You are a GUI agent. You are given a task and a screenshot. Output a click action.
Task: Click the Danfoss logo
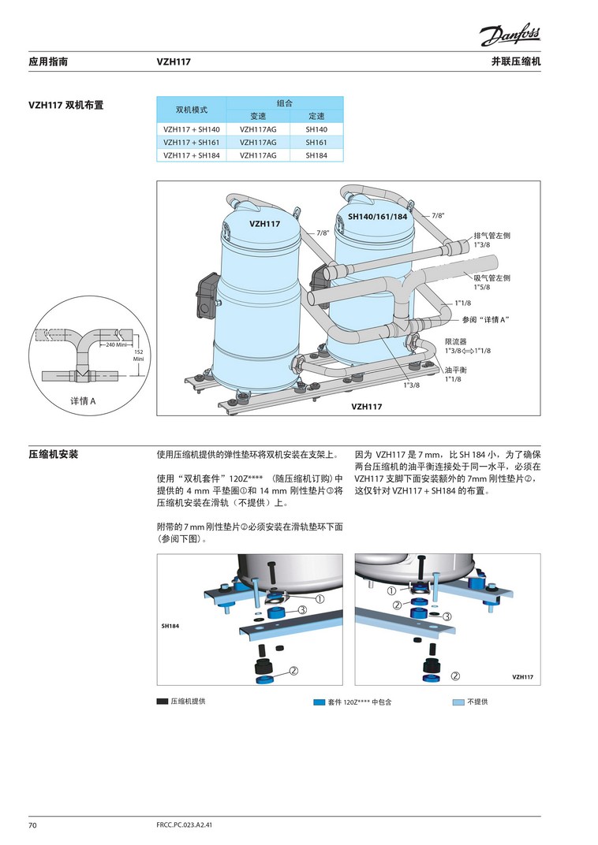tap(510, 36)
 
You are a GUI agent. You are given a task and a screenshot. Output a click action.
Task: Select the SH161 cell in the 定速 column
tap(316, 142)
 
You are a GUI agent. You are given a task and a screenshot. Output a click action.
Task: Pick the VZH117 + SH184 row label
tap(192, 155)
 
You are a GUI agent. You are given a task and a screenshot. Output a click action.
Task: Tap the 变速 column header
tap(258, 116)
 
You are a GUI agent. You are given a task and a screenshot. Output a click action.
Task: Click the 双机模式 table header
tap(192, 110)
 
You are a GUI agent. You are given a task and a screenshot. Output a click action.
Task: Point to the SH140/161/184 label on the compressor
tap(377, 217)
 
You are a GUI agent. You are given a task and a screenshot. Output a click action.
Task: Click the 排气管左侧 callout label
tap(491, 236)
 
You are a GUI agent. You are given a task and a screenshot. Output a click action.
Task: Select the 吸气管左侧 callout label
tap(491, 278)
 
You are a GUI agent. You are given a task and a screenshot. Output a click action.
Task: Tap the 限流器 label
tap(456, 341)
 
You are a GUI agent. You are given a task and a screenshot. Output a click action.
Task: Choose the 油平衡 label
tap(456, 370)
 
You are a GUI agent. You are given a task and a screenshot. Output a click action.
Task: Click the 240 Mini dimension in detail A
tap(115, 345)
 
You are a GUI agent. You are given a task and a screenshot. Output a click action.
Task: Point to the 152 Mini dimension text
tap(139, 355)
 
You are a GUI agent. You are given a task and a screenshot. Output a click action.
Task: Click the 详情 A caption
tap(83, 401)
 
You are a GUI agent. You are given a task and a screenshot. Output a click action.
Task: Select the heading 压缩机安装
tap(54, 454)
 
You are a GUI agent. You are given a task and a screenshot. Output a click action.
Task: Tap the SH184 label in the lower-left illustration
tap(170, 626)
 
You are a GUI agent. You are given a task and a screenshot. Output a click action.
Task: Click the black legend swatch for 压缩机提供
tap(163, 702)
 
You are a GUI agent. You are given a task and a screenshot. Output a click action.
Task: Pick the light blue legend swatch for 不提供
tap(458, 702)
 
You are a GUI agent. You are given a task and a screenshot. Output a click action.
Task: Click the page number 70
tap(32, 825)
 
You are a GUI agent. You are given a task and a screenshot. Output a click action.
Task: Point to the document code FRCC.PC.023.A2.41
tap(184, 825)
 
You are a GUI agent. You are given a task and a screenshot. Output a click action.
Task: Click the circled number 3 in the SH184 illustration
tap(302, 610)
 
